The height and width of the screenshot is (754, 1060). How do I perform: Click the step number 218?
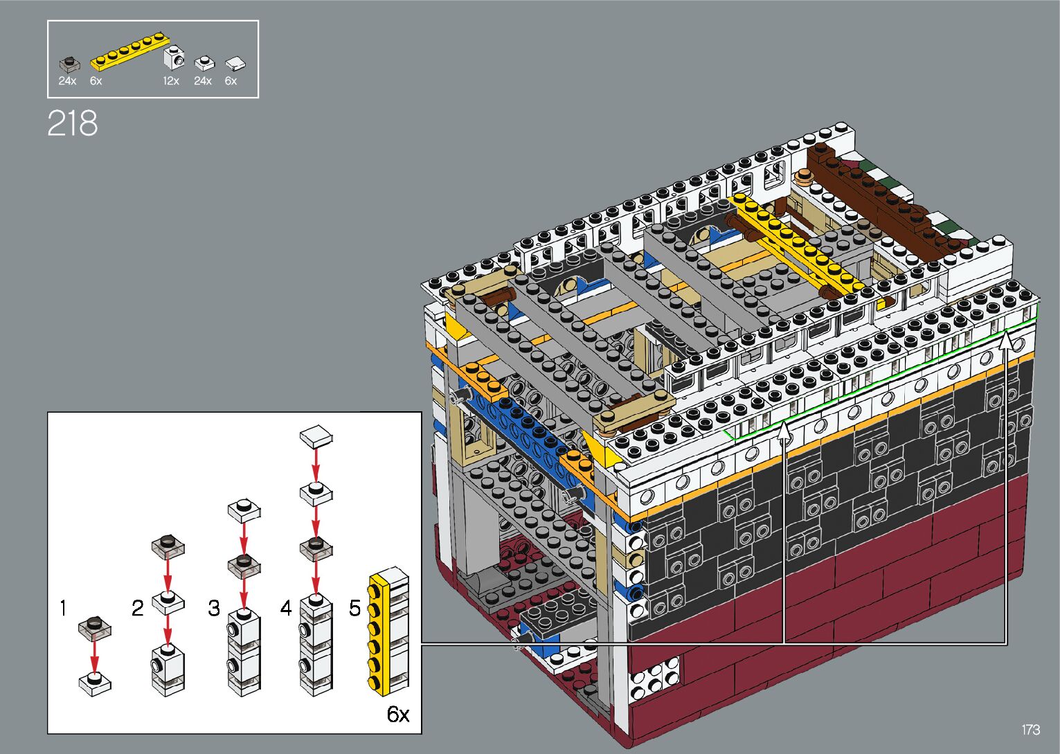pyautogui.click(x=73, y=123)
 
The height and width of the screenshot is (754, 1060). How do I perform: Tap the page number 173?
pyautogui.click(x=1030, y=729)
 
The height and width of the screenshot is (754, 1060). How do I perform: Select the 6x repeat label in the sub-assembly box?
pyautogui.click(x=398, y=714)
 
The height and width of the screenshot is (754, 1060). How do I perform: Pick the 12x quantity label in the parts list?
pyautogui.click(x=171, y=81)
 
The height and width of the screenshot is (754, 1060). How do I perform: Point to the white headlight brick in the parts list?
pyautogui.click(x=174, y=57)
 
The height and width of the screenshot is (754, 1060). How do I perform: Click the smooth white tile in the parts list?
pyautogui.click(x=235, y=64)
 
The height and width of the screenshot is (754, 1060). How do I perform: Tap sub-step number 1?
pyautogui.click(x=64, y=608)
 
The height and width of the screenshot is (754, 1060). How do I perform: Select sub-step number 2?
pyautogui.click(x=137, y=608)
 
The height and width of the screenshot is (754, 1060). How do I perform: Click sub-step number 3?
pyautogui.click(x=214, y=608)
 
